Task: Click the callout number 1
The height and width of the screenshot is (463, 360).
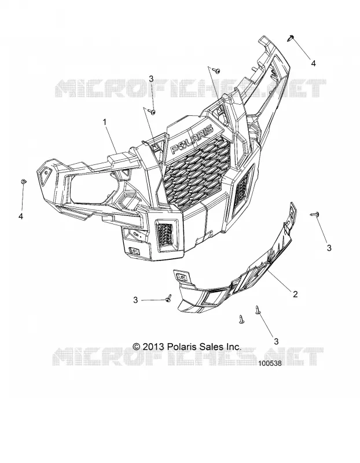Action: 104,122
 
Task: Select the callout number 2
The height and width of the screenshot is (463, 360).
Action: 295,294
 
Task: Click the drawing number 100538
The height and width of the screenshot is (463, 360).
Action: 270,363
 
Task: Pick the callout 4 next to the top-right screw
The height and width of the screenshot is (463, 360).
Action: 313,63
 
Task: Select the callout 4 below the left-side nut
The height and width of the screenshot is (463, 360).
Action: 21,216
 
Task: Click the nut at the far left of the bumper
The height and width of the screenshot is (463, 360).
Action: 23,182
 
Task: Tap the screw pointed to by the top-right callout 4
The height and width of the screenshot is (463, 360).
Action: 290,38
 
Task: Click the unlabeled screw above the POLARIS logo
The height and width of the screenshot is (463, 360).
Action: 217,71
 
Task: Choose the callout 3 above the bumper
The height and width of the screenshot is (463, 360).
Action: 151,79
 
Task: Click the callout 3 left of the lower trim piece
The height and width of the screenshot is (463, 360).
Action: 135,300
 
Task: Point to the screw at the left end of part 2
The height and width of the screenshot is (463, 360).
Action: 168,298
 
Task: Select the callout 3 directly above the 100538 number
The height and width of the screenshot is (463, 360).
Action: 276,341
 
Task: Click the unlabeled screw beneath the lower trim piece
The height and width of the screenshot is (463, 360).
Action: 241,319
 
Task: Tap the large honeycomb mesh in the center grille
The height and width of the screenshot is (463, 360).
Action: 196,171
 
